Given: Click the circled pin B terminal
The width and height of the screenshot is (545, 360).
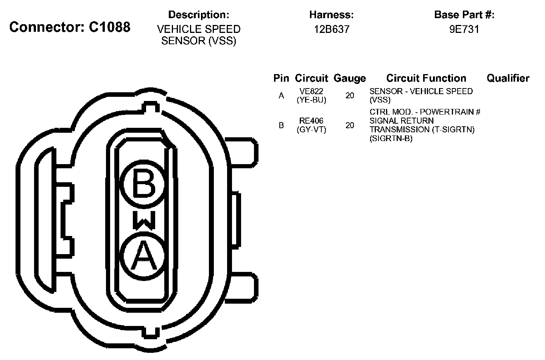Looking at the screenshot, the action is pos(144,184).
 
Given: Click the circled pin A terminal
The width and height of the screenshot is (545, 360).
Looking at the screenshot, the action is pos(144,256).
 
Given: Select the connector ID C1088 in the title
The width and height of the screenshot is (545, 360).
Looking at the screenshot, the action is pos(110,27).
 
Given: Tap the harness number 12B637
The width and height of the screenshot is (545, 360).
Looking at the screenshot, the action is pos(332,29).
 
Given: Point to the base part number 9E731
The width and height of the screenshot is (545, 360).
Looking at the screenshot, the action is pos(464,29).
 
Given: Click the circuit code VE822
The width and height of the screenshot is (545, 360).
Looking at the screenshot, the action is pos(311,92).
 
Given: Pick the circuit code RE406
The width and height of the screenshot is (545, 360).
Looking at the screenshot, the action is pos(311,121).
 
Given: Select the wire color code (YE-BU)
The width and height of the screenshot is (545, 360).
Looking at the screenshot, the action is pos(311,100).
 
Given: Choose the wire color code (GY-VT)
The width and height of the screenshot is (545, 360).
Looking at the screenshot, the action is pos(311,130).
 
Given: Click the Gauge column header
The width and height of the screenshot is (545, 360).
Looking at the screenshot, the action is pos(350,78).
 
